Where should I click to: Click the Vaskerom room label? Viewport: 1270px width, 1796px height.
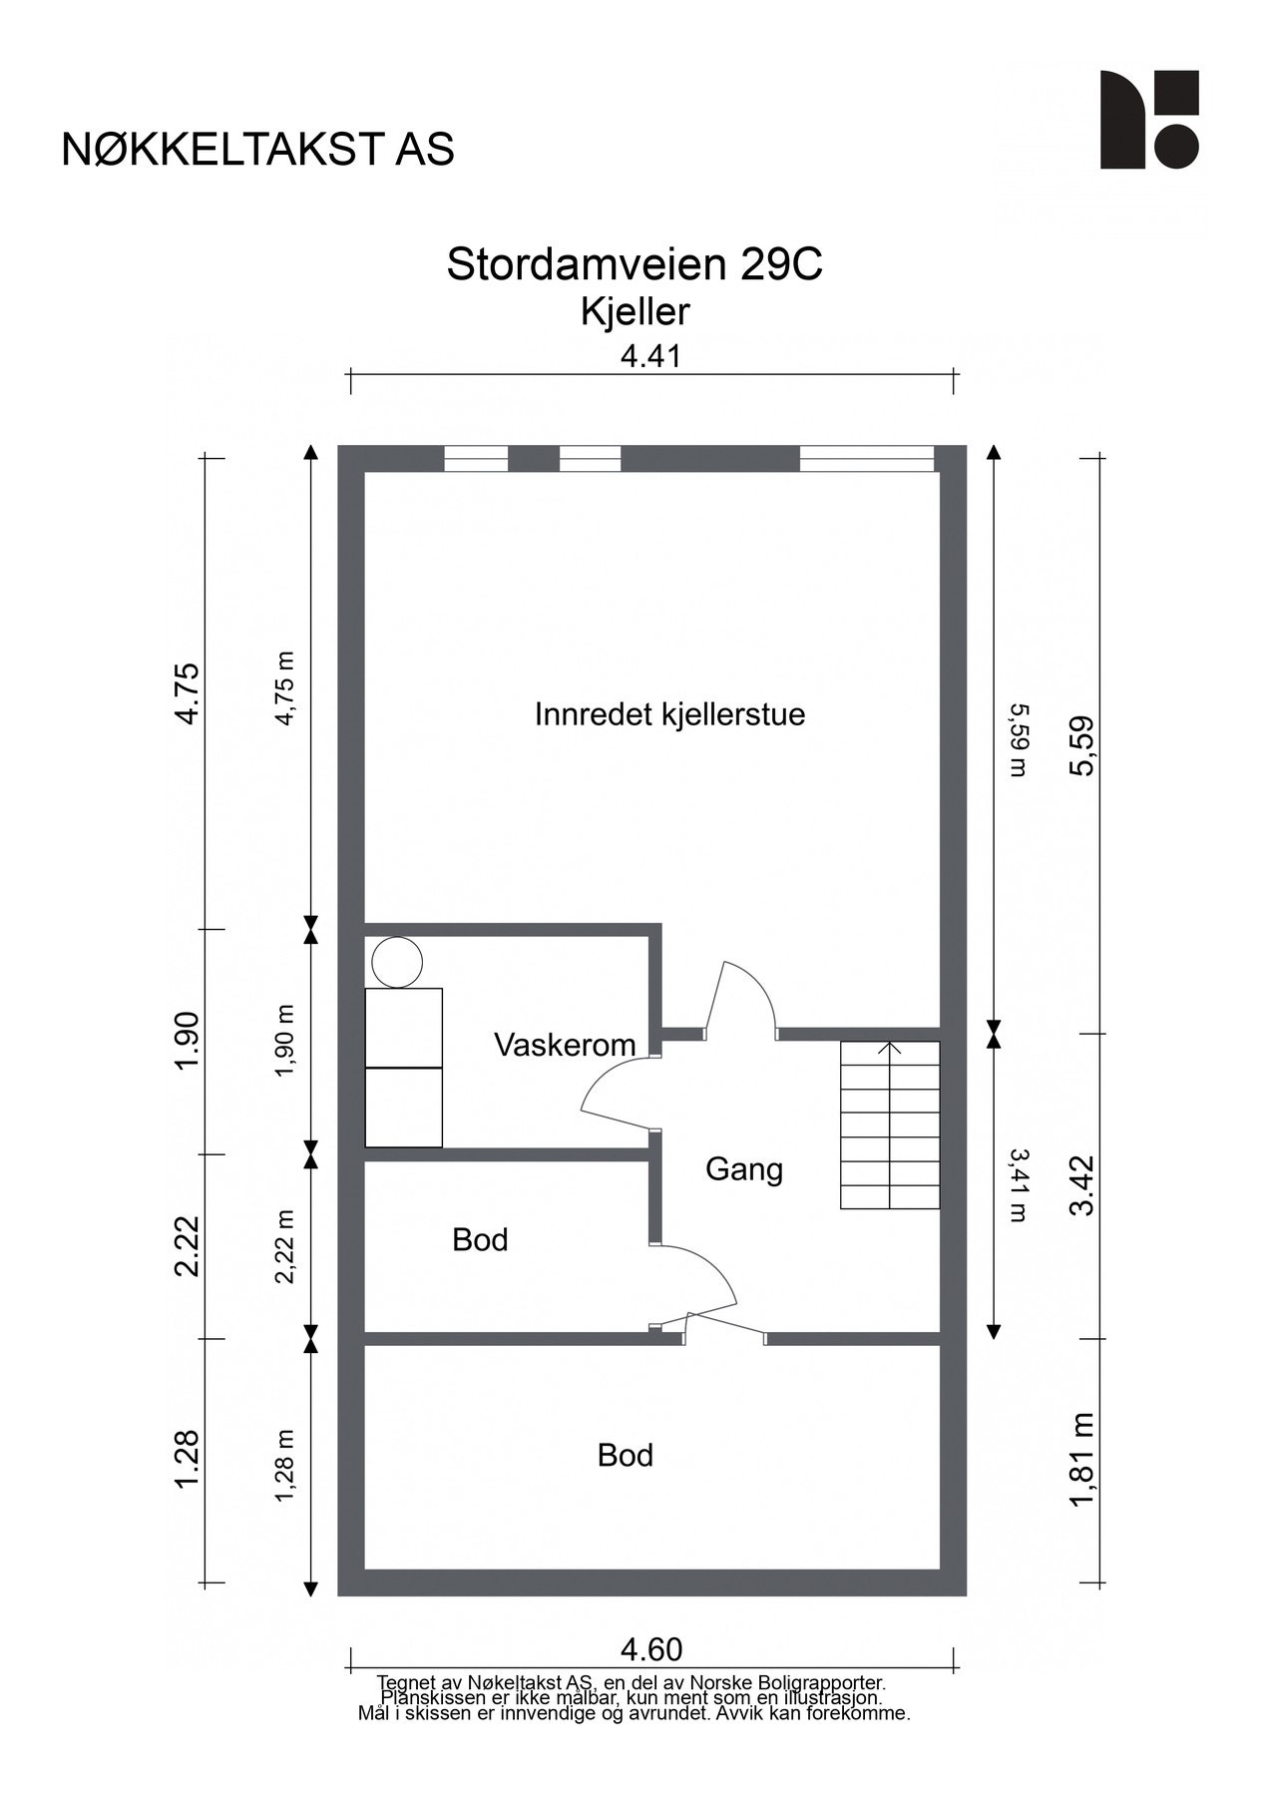point(565,1045)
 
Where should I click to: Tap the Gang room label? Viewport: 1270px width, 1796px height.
point(743,1168)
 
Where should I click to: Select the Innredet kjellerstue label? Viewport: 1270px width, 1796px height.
point(669,714)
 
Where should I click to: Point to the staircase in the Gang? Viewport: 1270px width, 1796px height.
point(890,1124)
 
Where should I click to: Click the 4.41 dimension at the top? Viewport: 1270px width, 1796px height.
point(650,355)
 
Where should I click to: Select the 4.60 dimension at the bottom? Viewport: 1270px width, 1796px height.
point(651,1649)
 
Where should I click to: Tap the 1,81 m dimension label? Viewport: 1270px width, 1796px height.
point(1082,1462)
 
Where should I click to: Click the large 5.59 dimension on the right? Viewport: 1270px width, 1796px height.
point(1082,745)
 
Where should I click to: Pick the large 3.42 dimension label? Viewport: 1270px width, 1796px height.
point(1082,1185)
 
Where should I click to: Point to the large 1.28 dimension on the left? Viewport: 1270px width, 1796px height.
point(188,1461)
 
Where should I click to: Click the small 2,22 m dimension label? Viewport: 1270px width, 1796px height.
point(286,1246)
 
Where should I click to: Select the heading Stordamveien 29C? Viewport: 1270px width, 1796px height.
point(635,265)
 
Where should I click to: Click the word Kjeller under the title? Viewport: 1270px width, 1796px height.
point(635,312)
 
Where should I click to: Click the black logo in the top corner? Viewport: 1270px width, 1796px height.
point(1148,120)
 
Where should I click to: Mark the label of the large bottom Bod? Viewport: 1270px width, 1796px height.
point(625,1456)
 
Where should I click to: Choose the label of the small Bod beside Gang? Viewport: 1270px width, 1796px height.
point(480,1239)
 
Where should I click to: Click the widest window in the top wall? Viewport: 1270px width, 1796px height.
point(866,459)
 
